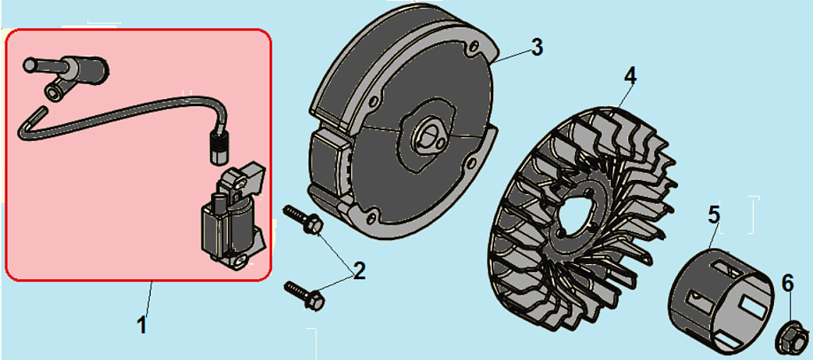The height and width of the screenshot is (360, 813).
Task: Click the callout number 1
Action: click(142, 325)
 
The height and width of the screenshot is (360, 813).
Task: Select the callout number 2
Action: click(359, 270)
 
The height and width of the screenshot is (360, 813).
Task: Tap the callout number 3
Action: click(537, 47)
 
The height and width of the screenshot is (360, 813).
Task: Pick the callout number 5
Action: click(715, 214)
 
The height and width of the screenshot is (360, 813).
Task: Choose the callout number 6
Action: click(787, 283)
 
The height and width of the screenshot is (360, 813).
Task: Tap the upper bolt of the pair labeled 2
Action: click(304, 220)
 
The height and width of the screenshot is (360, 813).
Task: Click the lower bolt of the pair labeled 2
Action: click(305, 293)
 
